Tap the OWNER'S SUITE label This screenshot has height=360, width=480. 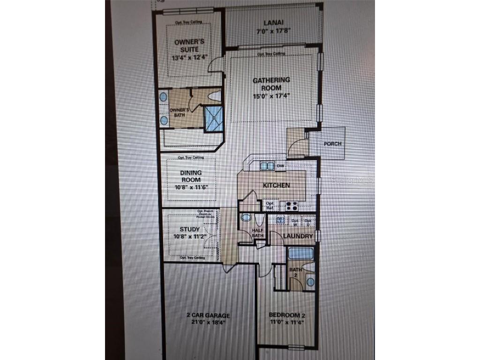(x=186, y=45)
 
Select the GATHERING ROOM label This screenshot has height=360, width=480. (x=271, y=84)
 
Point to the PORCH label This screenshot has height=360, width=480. (x=332, y=144)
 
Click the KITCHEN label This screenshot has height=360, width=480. (x=276, y=185)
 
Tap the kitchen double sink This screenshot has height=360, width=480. (x=267, y=166)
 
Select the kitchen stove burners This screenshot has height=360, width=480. (x=291, y=205)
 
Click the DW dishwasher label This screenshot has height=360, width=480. (x=280, y=166)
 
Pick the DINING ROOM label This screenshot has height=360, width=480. (x=191, y=176)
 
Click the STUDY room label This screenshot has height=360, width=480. (x=189, y=229)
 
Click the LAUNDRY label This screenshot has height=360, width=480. (x=298, y=236)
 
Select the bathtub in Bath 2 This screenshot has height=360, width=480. (x=300, y=254)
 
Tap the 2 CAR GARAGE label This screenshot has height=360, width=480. (x=207, y=315)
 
